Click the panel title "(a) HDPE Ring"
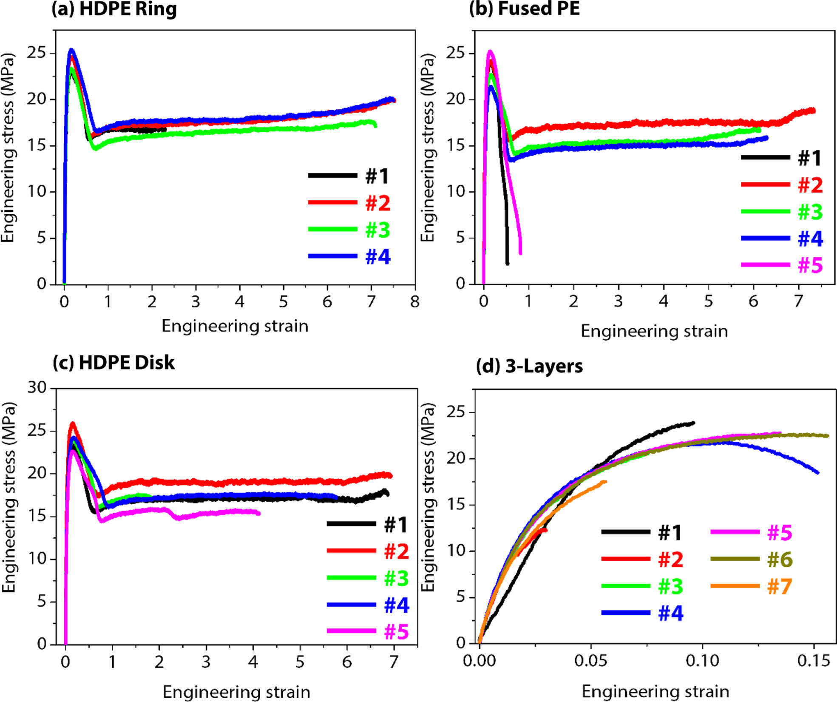(x=114, y=9)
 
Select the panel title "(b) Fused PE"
(x=524, y=9)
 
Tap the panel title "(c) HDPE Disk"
(x=113, y=363)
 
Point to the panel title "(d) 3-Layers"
(x=529, y=366)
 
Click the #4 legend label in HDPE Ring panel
(x=377, y=257)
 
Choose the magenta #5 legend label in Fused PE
(x=810, y=265)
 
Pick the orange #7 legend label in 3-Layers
(x=779, y=587)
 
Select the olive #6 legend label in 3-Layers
(x=780, y=560)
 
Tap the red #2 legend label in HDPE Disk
(x=396, y=551)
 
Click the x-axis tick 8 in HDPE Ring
(x=415, y=302)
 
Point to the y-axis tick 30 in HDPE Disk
(x=37, y=387)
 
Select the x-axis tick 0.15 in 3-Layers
(x=814, y=660)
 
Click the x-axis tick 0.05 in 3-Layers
(x=590, y=660)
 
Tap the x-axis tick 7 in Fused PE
(x=798, y=301)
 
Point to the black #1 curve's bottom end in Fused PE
(x=507, y=264)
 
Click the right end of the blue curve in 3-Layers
(x=817, y=472)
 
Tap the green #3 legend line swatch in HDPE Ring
(x=332, y=230)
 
